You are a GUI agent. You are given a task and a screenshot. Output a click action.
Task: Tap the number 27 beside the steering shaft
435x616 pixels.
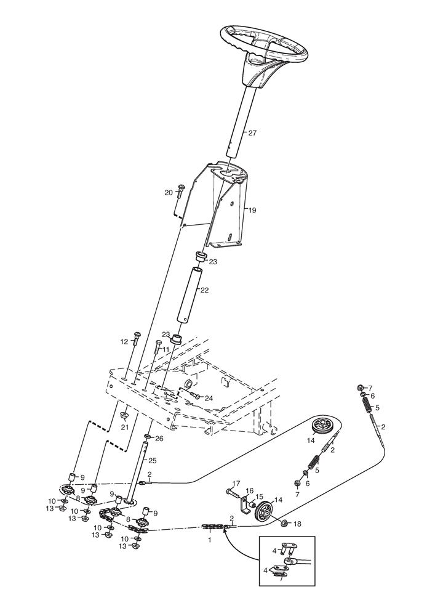[x=252, y=133]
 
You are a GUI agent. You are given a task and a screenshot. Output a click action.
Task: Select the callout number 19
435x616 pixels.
[x=252, y=210]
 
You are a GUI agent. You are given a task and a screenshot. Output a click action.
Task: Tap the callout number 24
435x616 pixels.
[x=209, y=398]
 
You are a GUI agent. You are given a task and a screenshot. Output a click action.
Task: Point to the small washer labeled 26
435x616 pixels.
[x=148, y=437]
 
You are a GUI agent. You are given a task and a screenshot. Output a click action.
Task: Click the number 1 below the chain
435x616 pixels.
[x=209, y=540]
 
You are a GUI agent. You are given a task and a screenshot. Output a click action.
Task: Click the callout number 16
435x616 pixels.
[x=250, y=490]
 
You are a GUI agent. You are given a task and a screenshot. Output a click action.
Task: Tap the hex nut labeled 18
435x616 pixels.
[x=285, y=523]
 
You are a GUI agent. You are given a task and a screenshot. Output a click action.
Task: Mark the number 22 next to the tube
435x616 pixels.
[x=204, y=290]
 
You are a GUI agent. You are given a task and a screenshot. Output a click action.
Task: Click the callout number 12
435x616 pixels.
[x=124, y=342]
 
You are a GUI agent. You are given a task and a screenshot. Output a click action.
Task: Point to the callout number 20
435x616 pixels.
[x=168, y=192]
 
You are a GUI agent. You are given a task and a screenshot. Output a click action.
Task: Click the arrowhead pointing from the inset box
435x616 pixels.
[x=225, y=530]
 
